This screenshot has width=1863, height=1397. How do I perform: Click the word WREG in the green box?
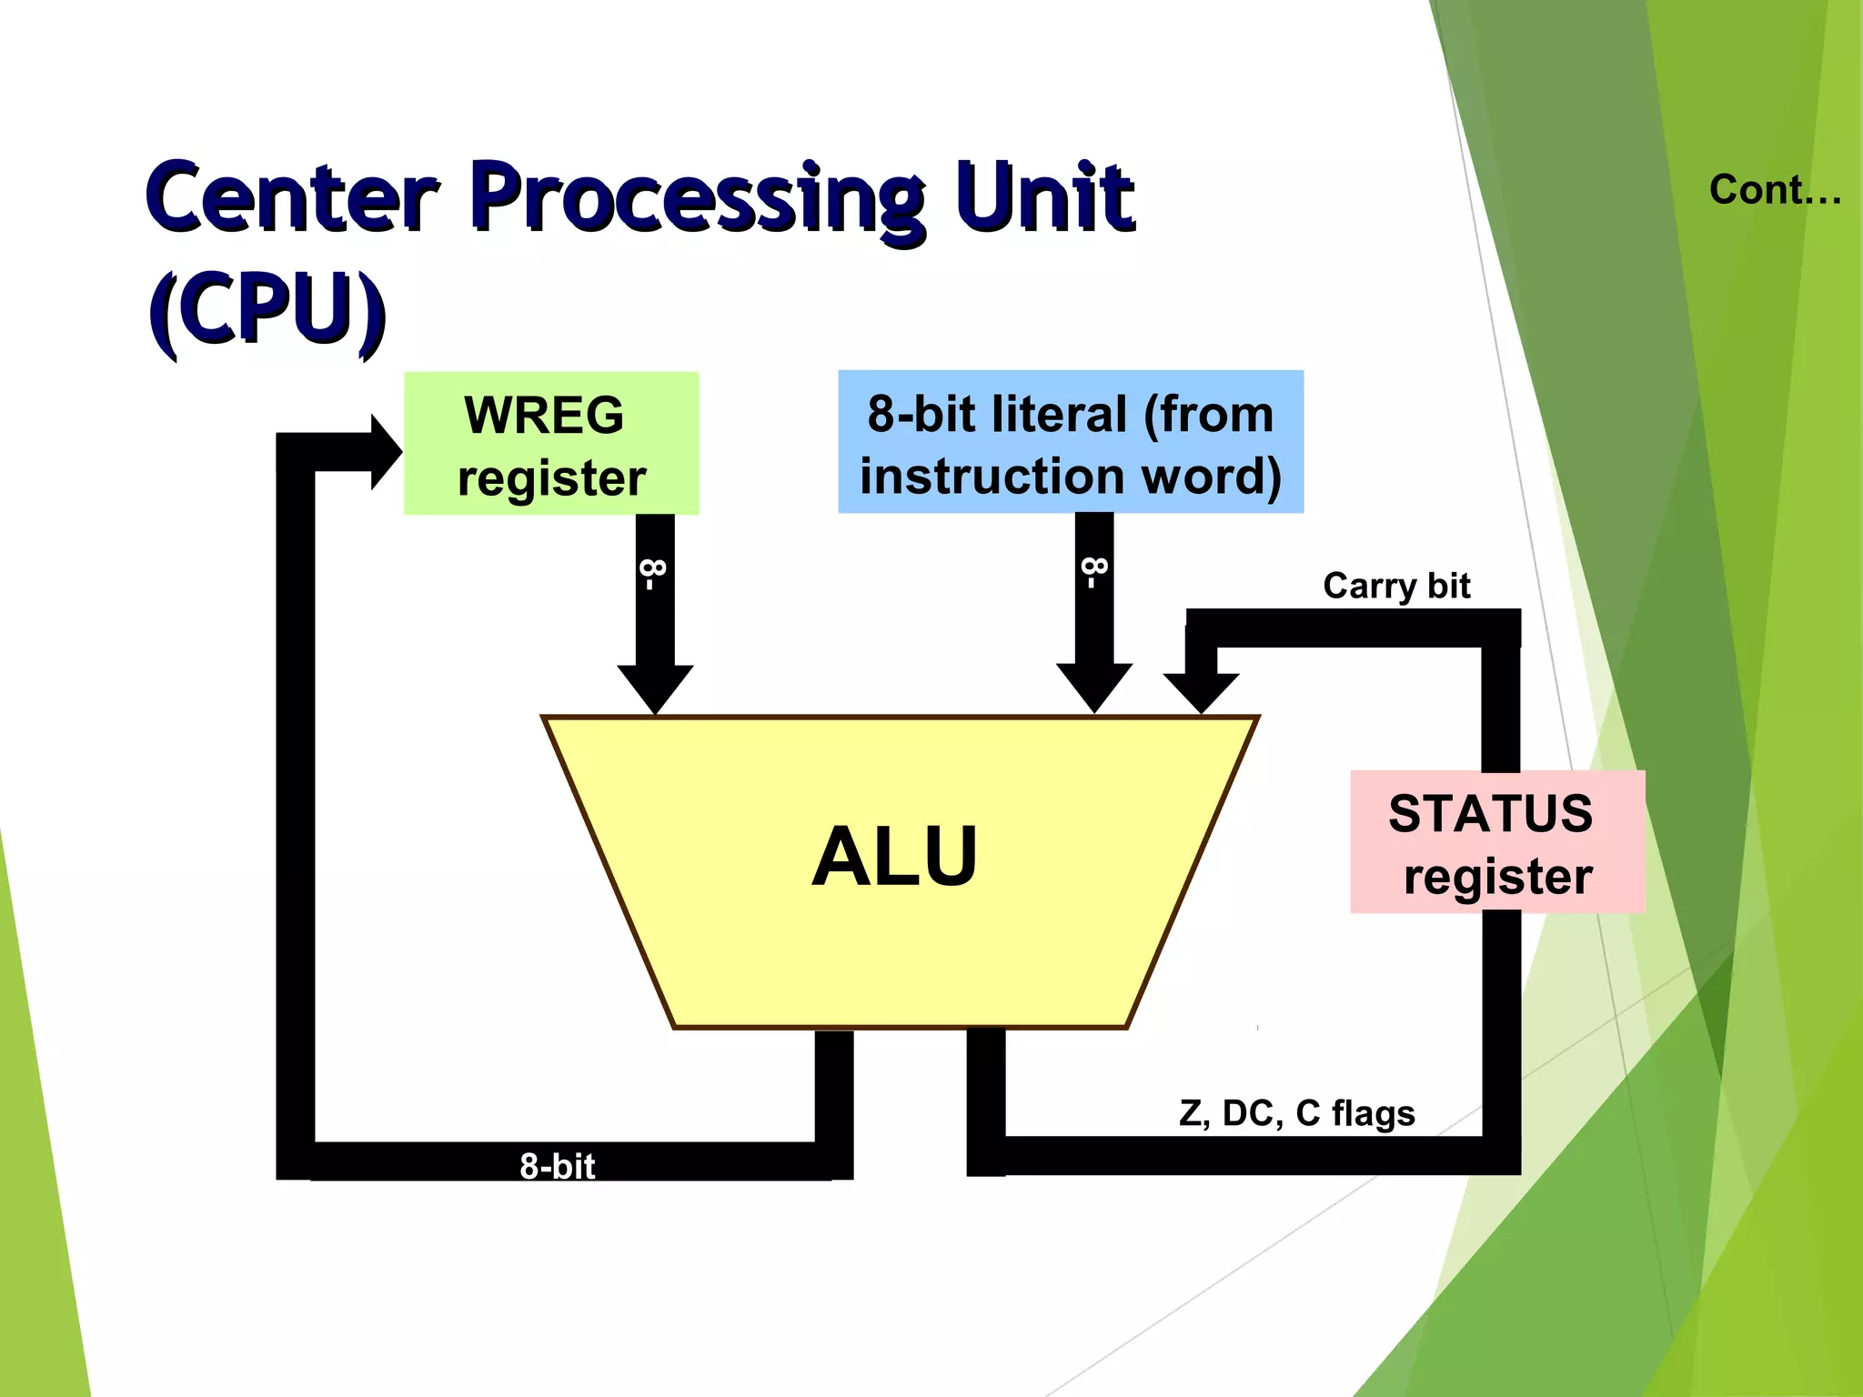[544, 415]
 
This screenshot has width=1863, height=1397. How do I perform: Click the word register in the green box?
[551, 478]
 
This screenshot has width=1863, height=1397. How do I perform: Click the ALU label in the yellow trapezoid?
[895, 857]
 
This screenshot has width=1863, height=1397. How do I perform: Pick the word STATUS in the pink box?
[1490, 813]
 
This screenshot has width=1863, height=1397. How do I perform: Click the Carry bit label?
[1396, 586]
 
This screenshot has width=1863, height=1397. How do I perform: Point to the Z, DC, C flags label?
[1296, 1113]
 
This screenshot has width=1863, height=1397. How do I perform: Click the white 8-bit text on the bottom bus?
[557, 1166]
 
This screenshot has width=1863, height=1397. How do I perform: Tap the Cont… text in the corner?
[1775, 190]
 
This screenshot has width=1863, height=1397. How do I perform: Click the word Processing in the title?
[699, 198]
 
